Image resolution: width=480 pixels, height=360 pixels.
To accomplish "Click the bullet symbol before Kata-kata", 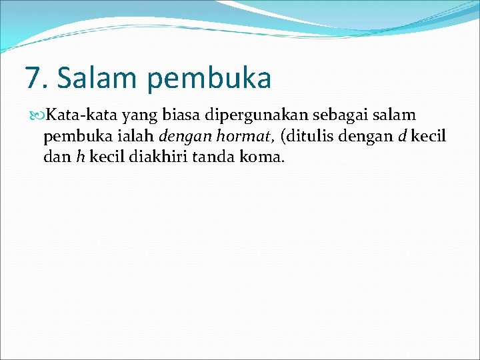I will [x=36, y=116].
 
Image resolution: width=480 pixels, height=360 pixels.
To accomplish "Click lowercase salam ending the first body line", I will [x=397, y=116].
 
